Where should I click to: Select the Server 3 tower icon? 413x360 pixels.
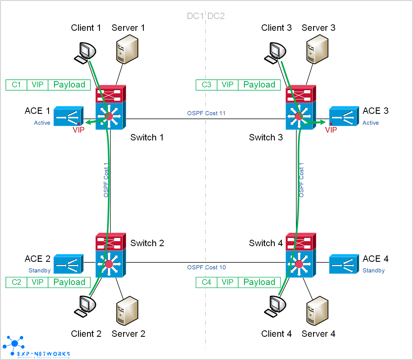click(x=317, y=49)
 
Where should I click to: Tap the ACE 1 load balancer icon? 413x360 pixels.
click(x=68, y=116)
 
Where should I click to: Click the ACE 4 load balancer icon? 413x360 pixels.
click(x=344, y=264)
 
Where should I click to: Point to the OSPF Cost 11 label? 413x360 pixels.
click(x=206, y=113)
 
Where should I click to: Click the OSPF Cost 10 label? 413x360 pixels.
click(x=206, y=267)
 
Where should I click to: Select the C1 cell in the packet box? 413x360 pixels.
click(x=17, y=85)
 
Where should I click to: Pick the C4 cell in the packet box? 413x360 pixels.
click(x=206, y=282)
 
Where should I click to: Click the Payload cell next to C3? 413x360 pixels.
click(x=259, y=85)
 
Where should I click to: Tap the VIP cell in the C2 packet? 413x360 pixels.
click(x=37, y=282)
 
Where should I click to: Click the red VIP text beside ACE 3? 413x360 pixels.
click(x=331, y=130)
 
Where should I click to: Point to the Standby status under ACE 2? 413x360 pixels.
click(x=39, y=270)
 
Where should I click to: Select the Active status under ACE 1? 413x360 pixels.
click(x=42, y=123)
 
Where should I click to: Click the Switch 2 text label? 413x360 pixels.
click(x=147, y=243)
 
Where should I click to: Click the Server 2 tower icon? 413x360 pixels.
click(x=127, y=311)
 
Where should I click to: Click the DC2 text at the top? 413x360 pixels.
click(x=216, y=16)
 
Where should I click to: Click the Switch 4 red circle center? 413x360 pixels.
click(x=299, y=264)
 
